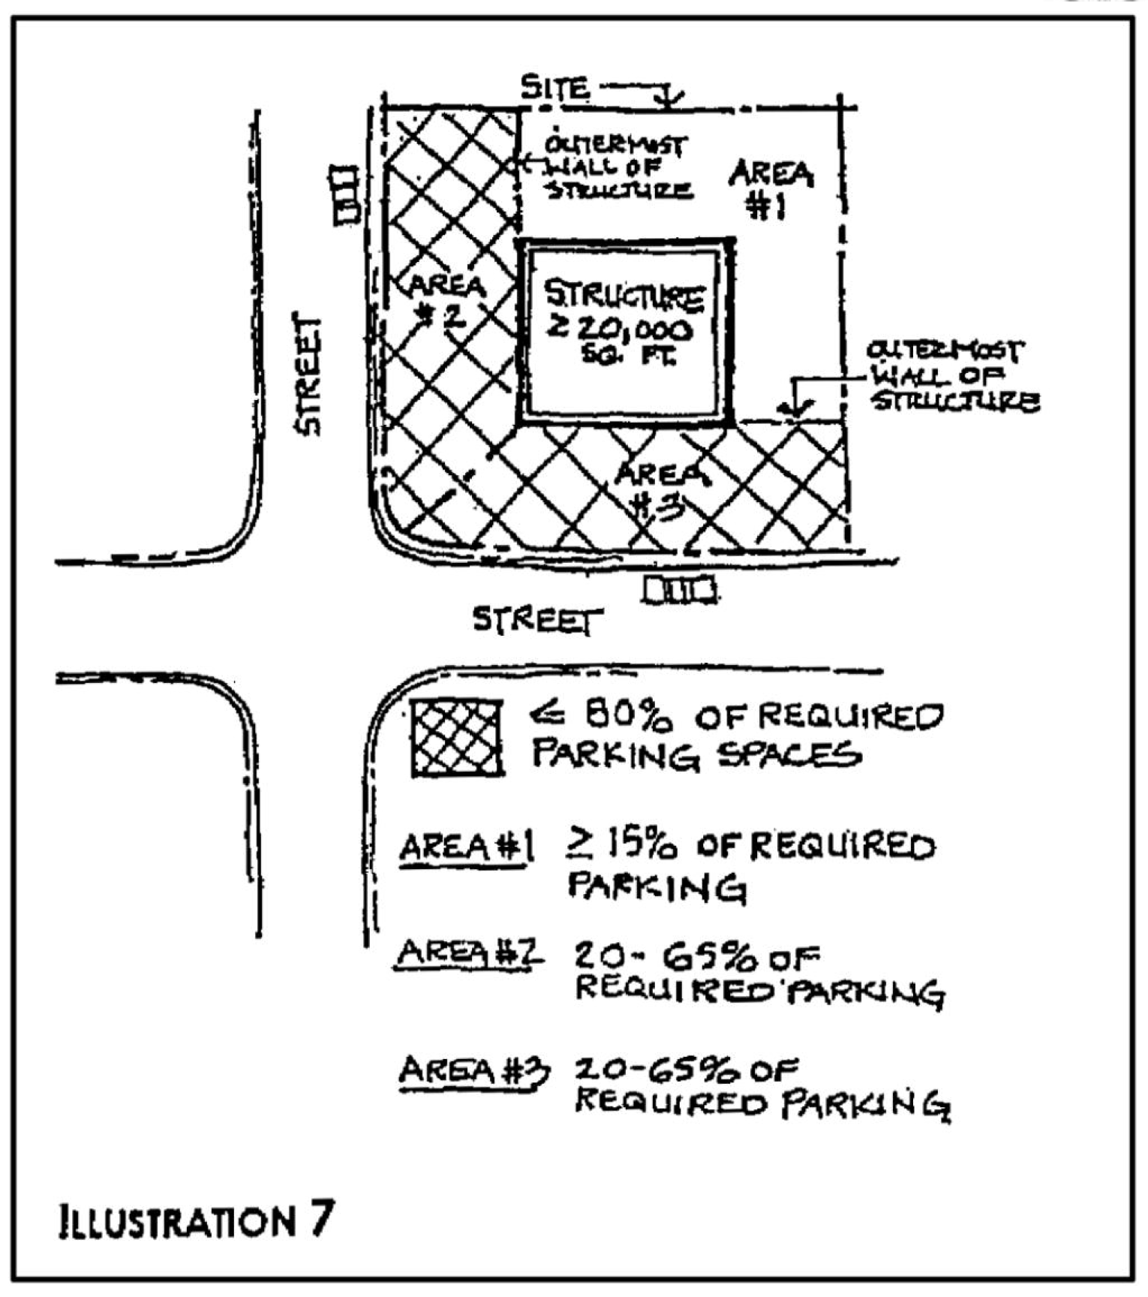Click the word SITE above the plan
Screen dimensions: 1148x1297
(x=555, y=88)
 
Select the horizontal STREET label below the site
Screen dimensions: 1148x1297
(x=537, y=620)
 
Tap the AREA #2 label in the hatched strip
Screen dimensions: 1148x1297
(x=447, y=300)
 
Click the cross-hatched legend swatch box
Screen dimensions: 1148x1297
(x=456, y=737)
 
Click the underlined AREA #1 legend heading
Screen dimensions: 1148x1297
(x=465, y=848)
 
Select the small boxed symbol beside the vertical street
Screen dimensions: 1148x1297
(x=344, y=194)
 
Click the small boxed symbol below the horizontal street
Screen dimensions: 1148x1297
(x=679, y=590)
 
